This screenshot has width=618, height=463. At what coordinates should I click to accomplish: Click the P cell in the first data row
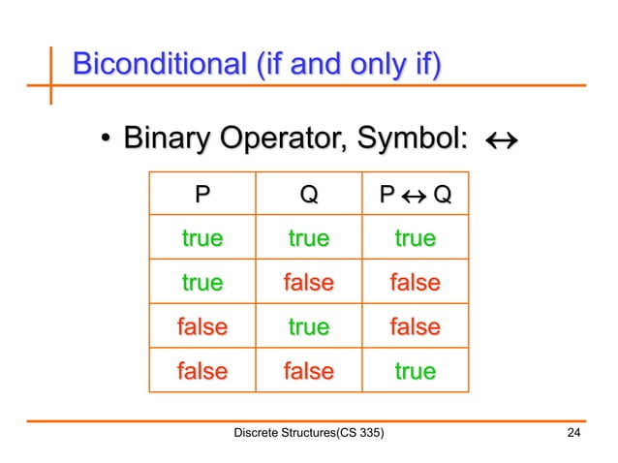tap(201, 238)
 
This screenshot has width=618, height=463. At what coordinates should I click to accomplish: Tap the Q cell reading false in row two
tap(308, 283)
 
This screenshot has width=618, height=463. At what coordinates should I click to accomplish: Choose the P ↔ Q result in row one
tap(415, 238)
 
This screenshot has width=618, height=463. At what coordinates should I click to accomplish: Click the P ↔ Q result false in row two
tap(415, 283)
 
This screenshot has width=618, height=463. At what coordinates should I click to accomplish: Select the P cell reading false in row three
tap(201, 326)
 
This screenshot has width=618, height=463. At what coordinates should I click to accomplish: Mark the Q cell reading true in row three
tap(308, 326)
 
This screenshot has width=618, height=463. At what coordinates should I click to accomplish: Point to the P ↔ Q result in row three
tap(415, 326)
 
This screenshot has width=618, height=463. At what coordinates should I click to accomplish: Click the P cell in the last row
tap(201, 370)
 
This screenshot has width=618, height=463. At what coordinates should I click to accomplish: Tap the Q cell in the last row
tap(308, 370)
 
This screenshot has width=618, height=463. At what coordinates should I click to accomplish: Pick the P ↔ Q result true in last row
tap(415, 370)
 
